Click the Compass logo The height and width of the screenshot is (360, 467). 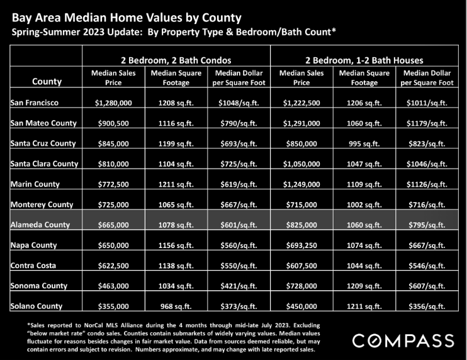pyautogui.click(x=403, y=340)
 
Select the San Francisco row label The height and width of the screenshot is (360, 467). pyautogui.click(x=35, y=103)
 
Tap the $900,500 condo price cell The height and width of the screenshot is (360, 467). pyautogui.click(x=113, y=123)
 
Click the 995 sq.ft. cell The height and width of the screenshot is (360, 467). pyautogui.click(x=364, y=144)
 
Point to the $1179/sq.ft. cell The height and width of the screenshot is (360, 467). pyautogui.click(x=427, y=123)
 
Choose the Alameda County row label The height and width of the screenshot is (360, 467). pyautogui.click(x=40, y=225)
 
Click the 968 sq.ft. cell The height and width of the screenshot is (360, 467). pyautogui.click(x=176, y=306)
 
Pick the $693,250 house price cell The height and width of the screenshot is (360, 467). pyautogui.click(x=301, y=245)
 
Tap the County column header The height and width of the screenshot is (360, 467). pyautogui.click(x=47, y=81)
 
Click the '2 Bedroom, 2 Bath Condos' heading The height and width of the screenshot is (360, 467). pyautogui.click(x=176, y=60)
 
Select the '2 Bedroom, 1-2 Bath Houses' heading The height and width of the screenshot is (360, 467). pyautogui.click(x=364, y=60)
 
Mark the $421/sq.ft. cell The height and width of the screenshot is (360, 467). pyautogui.click(x=239, y=286)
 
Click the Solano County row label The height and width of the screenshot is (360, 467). pyautogui.click(x=37, y=306)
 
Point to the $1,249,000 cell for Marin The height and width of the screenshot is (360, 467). pyautogui.click(x=301, y=184)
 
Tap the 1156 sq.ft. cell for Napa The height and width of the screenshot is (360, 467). pyautogui.click(x=176, y=245)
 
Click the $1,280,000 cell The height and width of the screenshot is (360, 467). pyautogui.click(x=113, y=103)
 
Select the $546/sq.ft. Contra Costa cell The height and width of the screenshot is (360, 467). pyautogui.click(x=427, y=266)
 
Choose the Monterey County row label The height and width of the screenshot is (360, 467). pyautogui.click(x=42, y=205)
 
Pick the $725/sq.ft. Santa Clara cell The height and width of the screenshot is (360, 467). pyautogui.click(x=239, y=164)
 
